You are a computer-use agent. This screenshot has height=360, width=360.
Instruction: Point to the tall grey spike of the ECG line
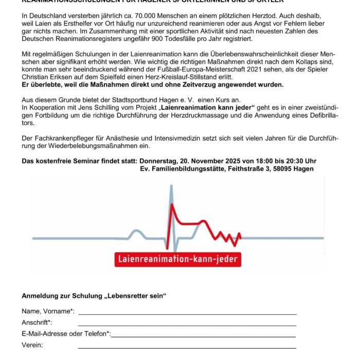[171, 206]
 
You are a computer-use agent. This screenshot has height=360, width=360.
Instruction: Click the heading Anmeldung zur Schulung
[94, 296]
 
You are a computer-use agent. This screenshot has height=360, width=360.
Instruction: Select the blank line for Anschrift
[187, 325]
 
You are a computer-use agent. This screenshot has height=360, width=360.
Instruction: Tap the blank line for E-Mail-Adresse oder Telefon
[203, 336]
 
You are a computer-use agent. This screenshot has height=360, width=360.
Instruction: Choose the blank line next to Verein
[187, 347]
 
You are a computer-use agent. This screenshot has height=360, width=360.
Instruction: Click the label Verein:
[32, 345]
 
